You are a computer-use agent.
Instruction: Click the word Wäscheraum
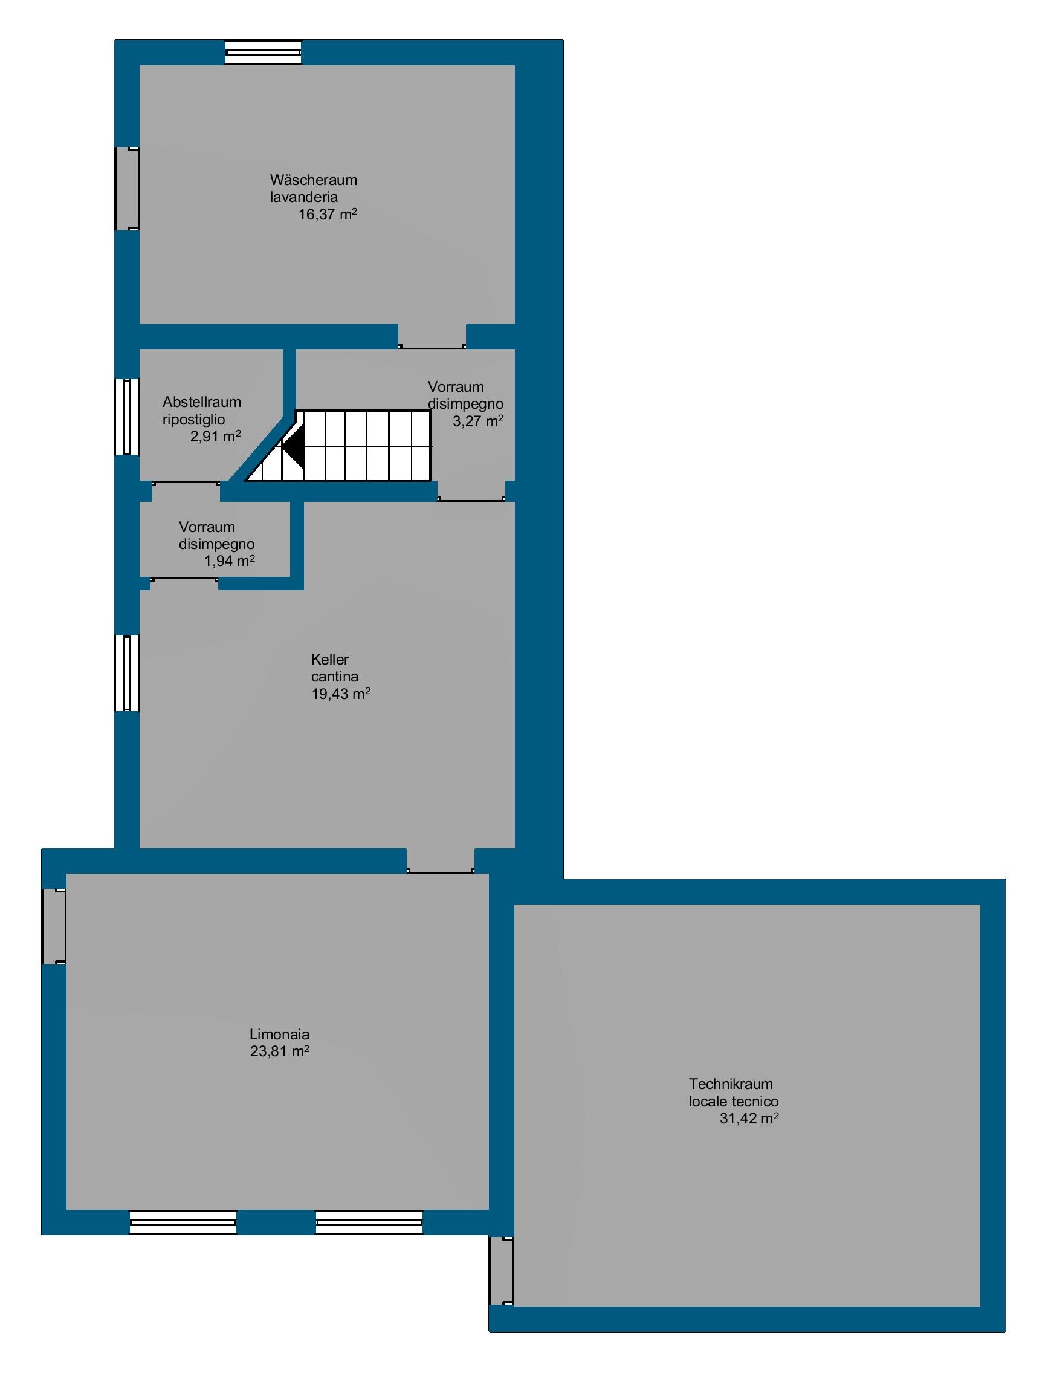click(x=313, y=180)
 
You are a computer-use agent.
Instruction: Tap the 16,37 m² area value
click(x=328, y=215)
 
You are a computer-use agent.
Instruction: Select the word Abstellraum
click(x=201, y=402)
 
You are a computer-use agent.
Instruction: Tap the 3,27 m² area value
click(x=478, y=421)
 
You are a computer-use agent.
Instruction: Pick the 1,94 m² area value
click(x=230, y=561)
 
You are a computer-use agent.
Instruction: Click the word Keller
click(x=330, y=660)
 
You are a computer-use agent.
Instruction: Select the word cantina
click(x=335, y=677)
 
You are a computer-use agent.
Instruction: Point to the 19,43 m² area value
click(x=341, y=694)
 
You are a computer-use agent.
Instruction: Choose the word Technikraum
click(x=731, y=1084)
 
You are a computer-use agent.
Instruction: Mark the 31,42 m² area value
click(x=749, y=1119)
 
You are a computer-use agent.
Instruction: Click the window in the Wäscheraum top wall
click(x=263, y=52)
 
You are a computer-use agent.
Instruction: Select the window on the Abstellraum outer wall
click(x=128, y=416)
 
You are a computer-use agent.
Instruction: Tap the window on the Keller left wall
click(x=128, y=673)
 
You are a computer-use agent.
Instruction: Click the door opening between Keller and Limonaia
click(x=441, y=860)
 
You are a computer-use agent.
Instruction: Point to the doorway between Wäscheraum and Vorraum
click(x=432, y=336)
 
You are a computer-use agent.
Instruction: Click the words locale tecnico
click(x=734, y=1102)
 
